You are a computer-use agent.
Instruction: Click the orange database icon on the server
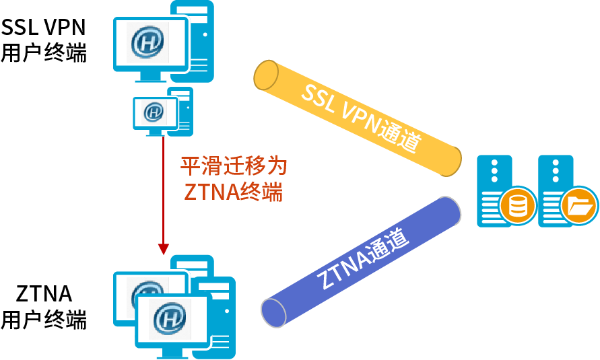[517, 205]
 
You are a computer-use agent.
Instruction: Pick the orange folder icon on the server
[578, 205]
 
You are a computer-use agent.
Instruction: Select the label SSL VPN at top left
[43, 28]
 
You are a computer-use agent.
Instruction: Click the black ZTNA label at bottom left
[44, 294]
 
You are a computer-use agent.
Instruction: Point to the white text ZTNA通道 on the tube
[364, 259]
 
